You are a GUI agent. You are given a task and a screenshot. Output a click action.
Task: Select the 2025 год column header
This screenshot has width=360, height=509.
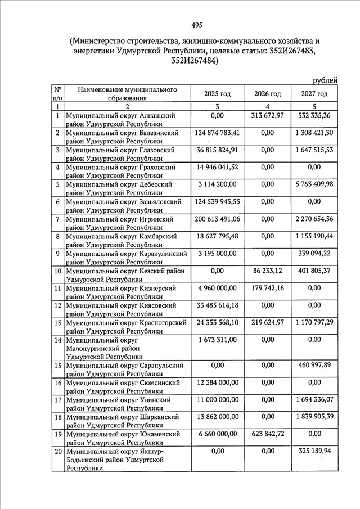(217, 93)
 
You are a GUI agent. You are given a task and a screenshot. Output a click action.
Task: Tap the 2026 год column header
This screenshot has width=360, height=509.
(267, 93)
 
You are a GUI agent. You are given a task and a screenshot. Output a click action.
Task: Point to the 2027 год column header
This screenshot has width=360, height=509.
(314, 93)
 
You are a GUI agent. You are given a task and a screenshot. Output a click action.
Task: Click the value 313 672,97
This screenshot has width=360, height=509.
(267, 116)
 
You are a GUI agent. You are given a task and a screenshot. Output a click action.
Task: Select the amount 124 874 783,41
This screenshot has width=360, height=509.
(217, 133)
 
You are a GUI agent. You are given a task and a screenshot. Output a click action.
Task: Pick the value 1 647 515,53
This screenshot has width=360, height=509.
(314, 150)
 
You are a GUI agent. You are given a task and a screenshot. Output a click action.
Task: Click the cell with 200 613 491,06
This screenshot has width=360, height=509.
(217, 219)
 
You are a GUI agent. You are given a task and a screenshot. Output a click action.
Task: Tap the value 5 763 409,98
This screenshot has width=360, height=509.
(314, 184)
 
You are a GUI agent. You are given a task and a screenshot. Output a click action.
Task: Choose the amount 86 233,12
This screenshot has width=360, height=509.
(267, 271)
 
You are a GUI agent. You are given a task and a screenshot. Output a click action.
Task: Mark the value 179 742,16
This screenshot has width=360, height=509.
(267, 288)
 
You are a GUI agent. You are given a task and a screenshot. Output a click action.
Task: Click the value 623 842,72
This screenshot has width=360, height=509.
(267, 434)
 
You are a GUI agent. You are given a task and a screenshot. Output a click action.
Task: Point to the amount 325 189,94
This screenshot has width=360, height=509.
(314, 451)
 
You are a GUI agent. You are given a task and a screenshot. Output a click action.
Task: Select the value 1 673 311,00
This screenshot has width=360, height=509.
(217, 340)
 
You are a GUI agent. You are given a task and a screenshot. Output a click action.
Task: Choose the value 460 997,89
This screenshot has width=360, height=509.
(314, 366)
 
